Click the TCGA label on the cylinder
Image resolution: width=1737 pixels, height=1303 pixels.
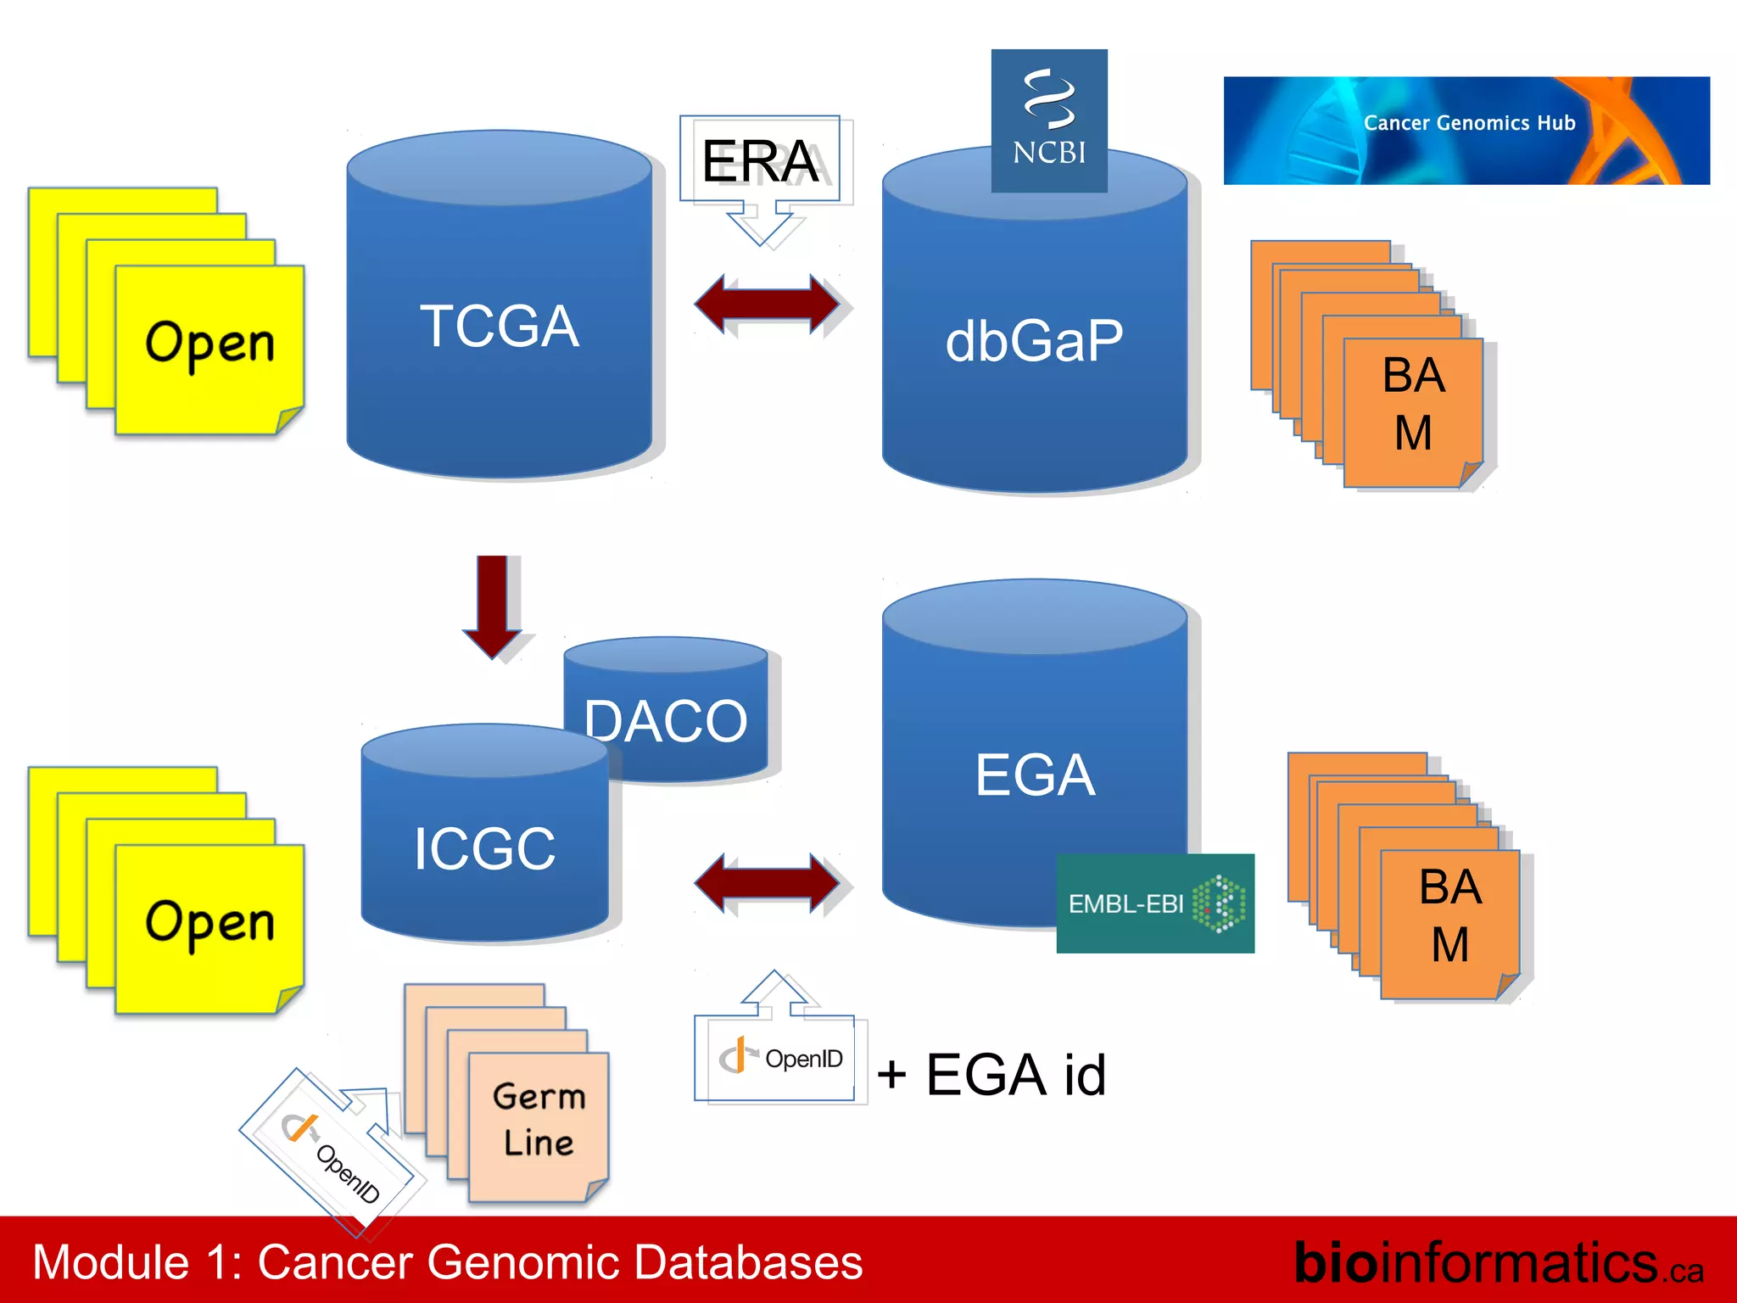click(500, 327)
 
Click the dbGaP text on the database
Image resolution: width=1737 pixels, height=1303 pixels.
click(1034, 341)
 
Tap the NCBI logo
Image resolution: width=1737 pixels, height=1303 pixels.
click(1049, 121)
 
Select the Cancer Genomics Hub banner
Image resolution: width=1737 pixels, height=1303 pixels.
click(1466, 131)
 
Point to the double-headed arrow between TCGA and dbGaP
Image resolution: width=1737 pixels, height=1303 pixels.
click(768, 304)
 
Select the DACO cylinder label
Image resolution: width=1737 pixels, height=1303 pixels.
click(666, 722)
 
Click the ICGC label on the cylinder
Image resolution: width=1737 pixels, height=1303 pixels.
click(484, 848)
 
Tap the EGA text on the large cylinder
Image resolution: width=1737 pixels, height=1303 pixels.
click(1035, 775)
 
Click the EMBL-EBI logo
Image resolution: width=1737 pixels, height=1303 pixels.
click(1154, 903)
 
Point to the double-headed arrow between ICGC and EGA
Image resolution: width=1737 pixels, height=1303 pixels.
click(768, 883)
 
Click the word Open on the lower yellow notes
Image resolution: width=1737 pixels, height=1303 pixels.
click(209, 924)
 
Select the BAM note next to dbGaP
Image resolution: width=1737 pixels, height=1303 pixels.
click(1413, 405)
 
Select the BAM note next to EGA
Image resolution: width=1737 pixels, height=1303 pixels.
click(1449, 917)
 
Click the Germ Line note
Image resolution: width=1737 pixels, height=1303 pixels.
click(539, 1120)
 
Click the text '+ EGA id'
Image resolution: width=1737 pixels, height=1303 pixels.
click(991, 1075)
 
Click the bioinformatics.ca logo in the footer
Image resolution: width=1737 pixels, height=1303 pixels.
click(1498, 1262)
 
